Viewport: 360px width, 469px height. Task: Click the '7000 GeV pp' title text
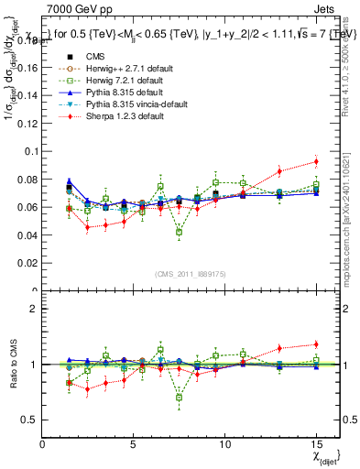[76, 7]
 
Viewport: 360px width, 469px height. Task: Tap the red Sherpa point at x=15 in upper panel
[316, 161]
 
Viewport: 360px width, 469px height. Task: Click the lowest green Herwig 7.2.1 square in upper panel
[179, 232]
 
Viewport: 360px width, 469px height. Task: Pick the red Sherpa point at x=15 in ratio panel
[316, 344]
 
